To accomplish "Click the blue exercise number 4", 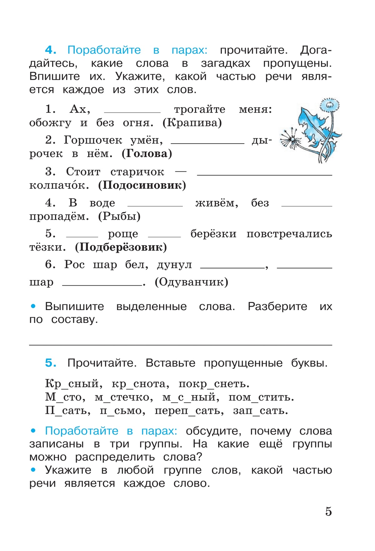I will pyautogui.click(x=50, y=50).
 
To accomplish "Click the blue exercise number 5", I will pyautogui.click(x=50, y=363).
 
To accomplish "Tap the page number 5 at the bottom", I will pyautogui.click(x=328, y=512).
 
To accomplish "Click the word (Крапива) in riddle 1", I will pyautogui.click(x=192, y=123).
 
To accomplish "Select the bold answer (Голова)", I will pyautogui.click(x=147, y=154).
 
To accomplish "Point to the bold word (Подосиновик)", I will pyautogui.click(x=142, y=185).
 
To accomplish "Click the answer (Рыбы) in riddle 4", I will pyautogui.click(x=119, y=216).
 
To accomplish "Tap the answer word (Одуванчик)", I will pyautogui.click(x=191, y=282).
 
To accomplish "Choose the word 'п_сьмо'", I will pyautogui.click(x=122, y=411).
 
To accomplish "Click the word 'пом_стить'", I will pyautogui.click(x=261, y=397).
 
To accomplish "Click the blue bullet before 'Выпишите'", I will pyautogui.click(x=33, y=306).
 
